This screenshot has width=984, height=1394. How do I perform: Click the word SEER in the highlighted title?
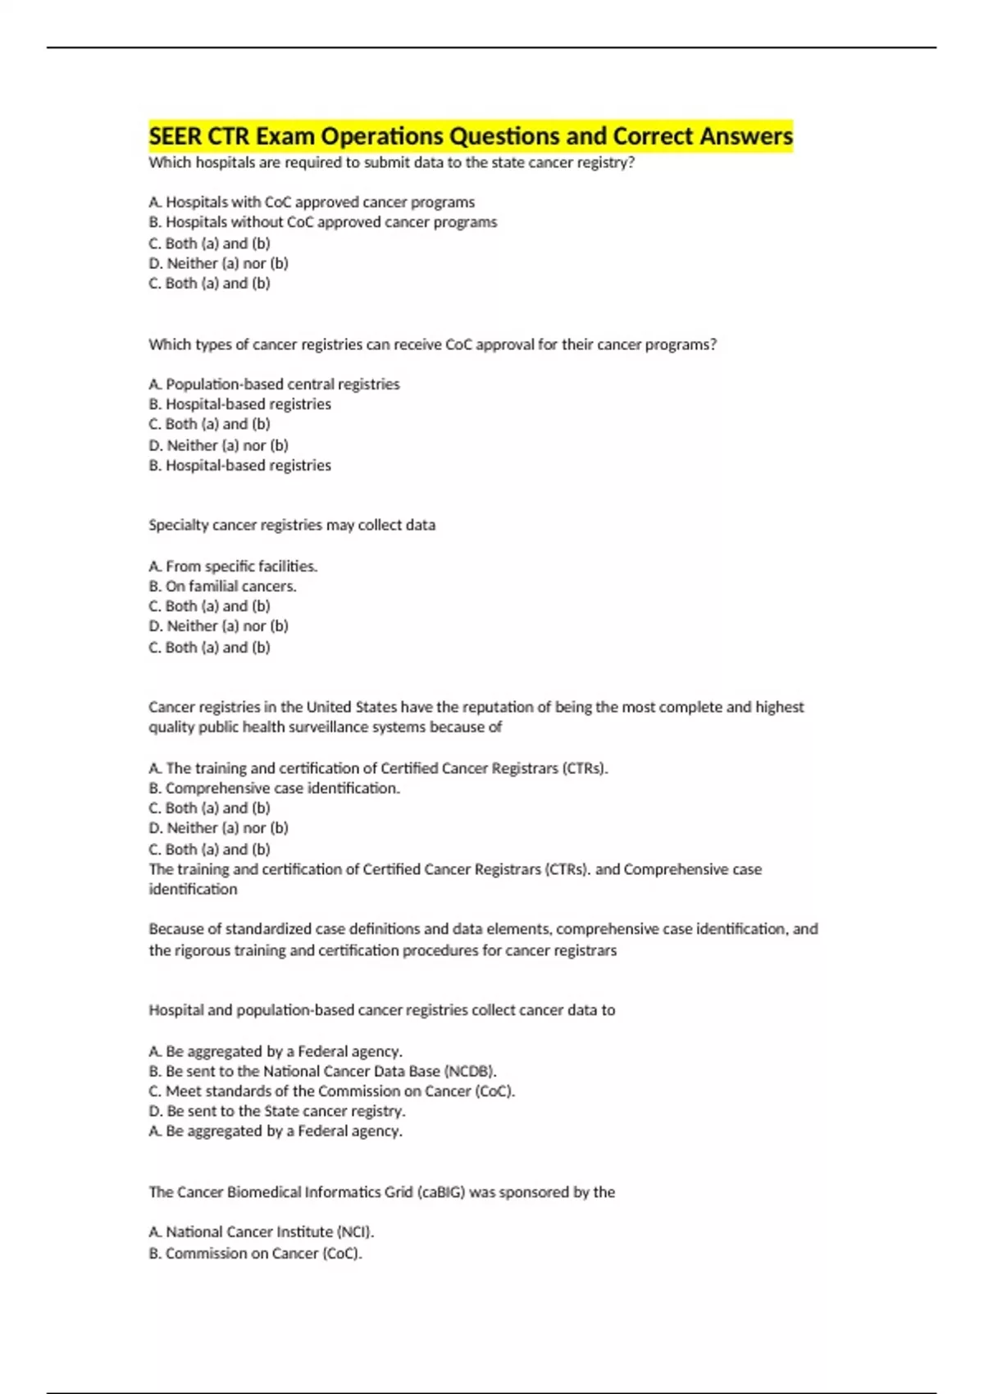tap(175, 136)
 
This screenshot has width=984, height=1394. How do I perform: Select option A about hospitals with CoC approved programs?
tap(312, 202)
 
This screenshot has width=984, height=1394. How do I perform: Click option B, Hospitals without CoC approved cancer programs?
tap(323, 222)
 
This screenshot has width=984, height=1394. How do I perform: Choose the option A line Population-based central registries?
tap(274, 384)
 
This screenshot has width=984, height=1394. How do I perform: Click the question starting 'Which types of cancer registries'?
tap(432, 344)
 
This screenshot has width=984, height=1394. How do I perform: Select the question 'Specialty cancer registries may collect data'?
tap(292, 525)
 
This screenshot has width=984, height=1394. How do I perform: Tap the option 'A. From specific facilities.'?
tap(233, 566)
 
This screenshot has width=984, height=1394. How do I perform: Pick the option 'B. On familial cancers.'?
tap(223, 586)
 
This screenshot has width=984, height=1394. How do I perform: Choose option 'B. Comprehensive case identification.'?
tap(275, 788)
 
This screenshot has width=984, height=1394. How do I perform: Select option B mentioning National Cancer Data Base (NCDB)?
tap(323, 1071)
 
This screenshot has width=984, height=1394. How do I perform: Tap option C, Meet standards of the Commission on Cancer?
tap(332, 1091)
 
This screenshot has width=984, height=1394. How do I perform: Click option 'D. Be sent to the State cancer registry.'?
tap(277, 1111)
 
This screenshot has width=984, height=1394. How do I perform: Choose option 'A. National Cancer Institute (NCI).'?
tap(262, 1232)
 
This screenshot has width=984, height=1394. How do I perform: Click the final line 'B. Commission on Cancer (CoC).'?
tap(256, 1253)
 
